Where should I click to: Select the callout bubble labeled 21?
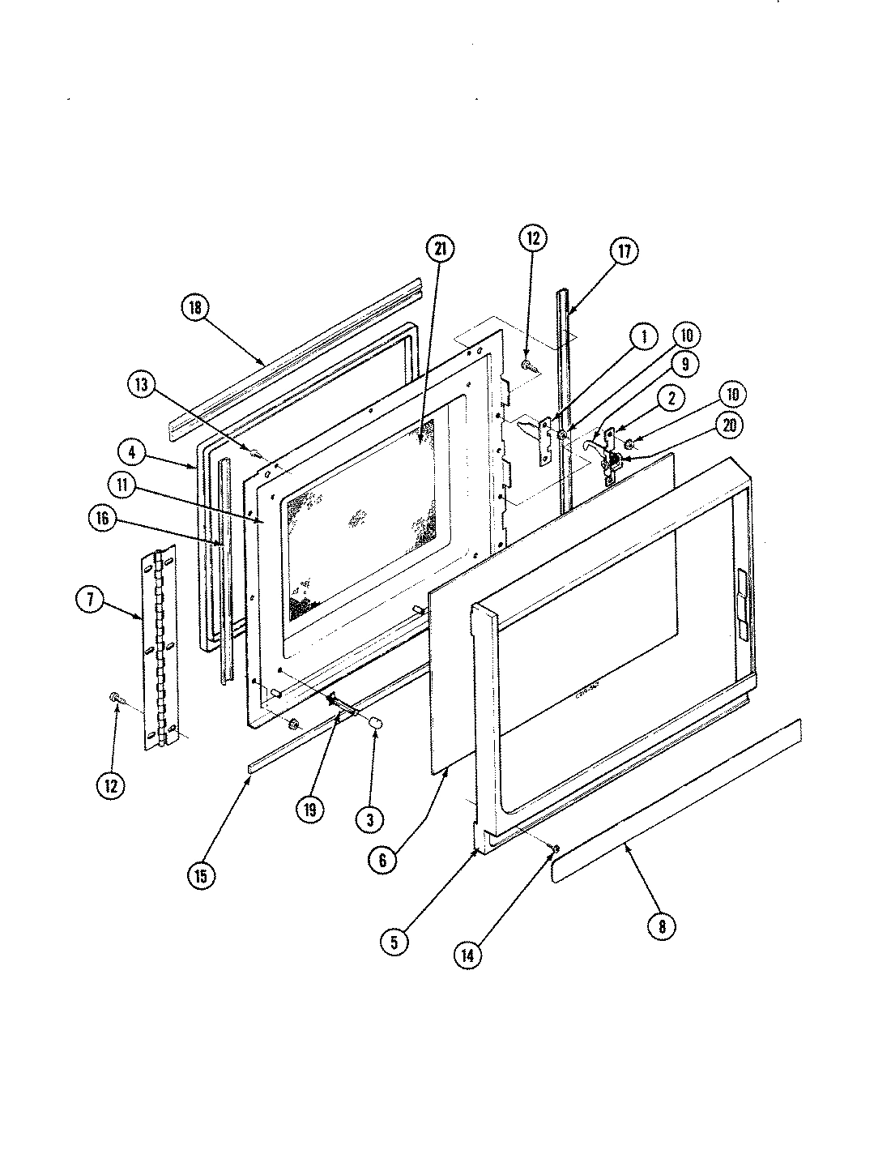[x=439, y=250]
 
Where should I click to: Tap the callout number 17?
[x=625, y=250]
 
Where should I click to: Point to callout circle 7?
[x=90, y=601]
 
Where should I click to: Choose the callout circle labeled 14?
[x=468, y=955]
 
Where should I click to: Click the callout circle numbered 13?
[x=143, y=386]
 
